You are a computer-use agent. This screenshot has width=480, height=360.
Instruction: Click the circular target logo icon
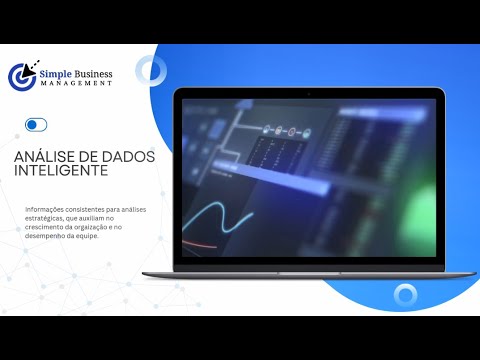click(x=22, y=77)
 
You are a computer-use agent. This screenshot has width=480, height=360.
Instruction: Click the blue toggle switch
click(x=36, y=125)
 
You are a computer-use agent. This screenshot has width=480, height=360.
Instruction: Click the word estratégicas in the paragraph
click(x=47, y=217)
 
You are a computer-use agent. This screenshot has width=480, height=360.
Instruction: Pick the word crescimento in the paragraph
click(x=49, y=226)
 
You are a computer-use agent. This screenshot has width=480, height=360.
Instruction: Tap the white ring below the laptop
click(x=405, y=295)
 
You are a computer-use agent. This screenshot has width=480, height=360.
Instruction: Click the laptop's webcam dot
click(x=308, y=93)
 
